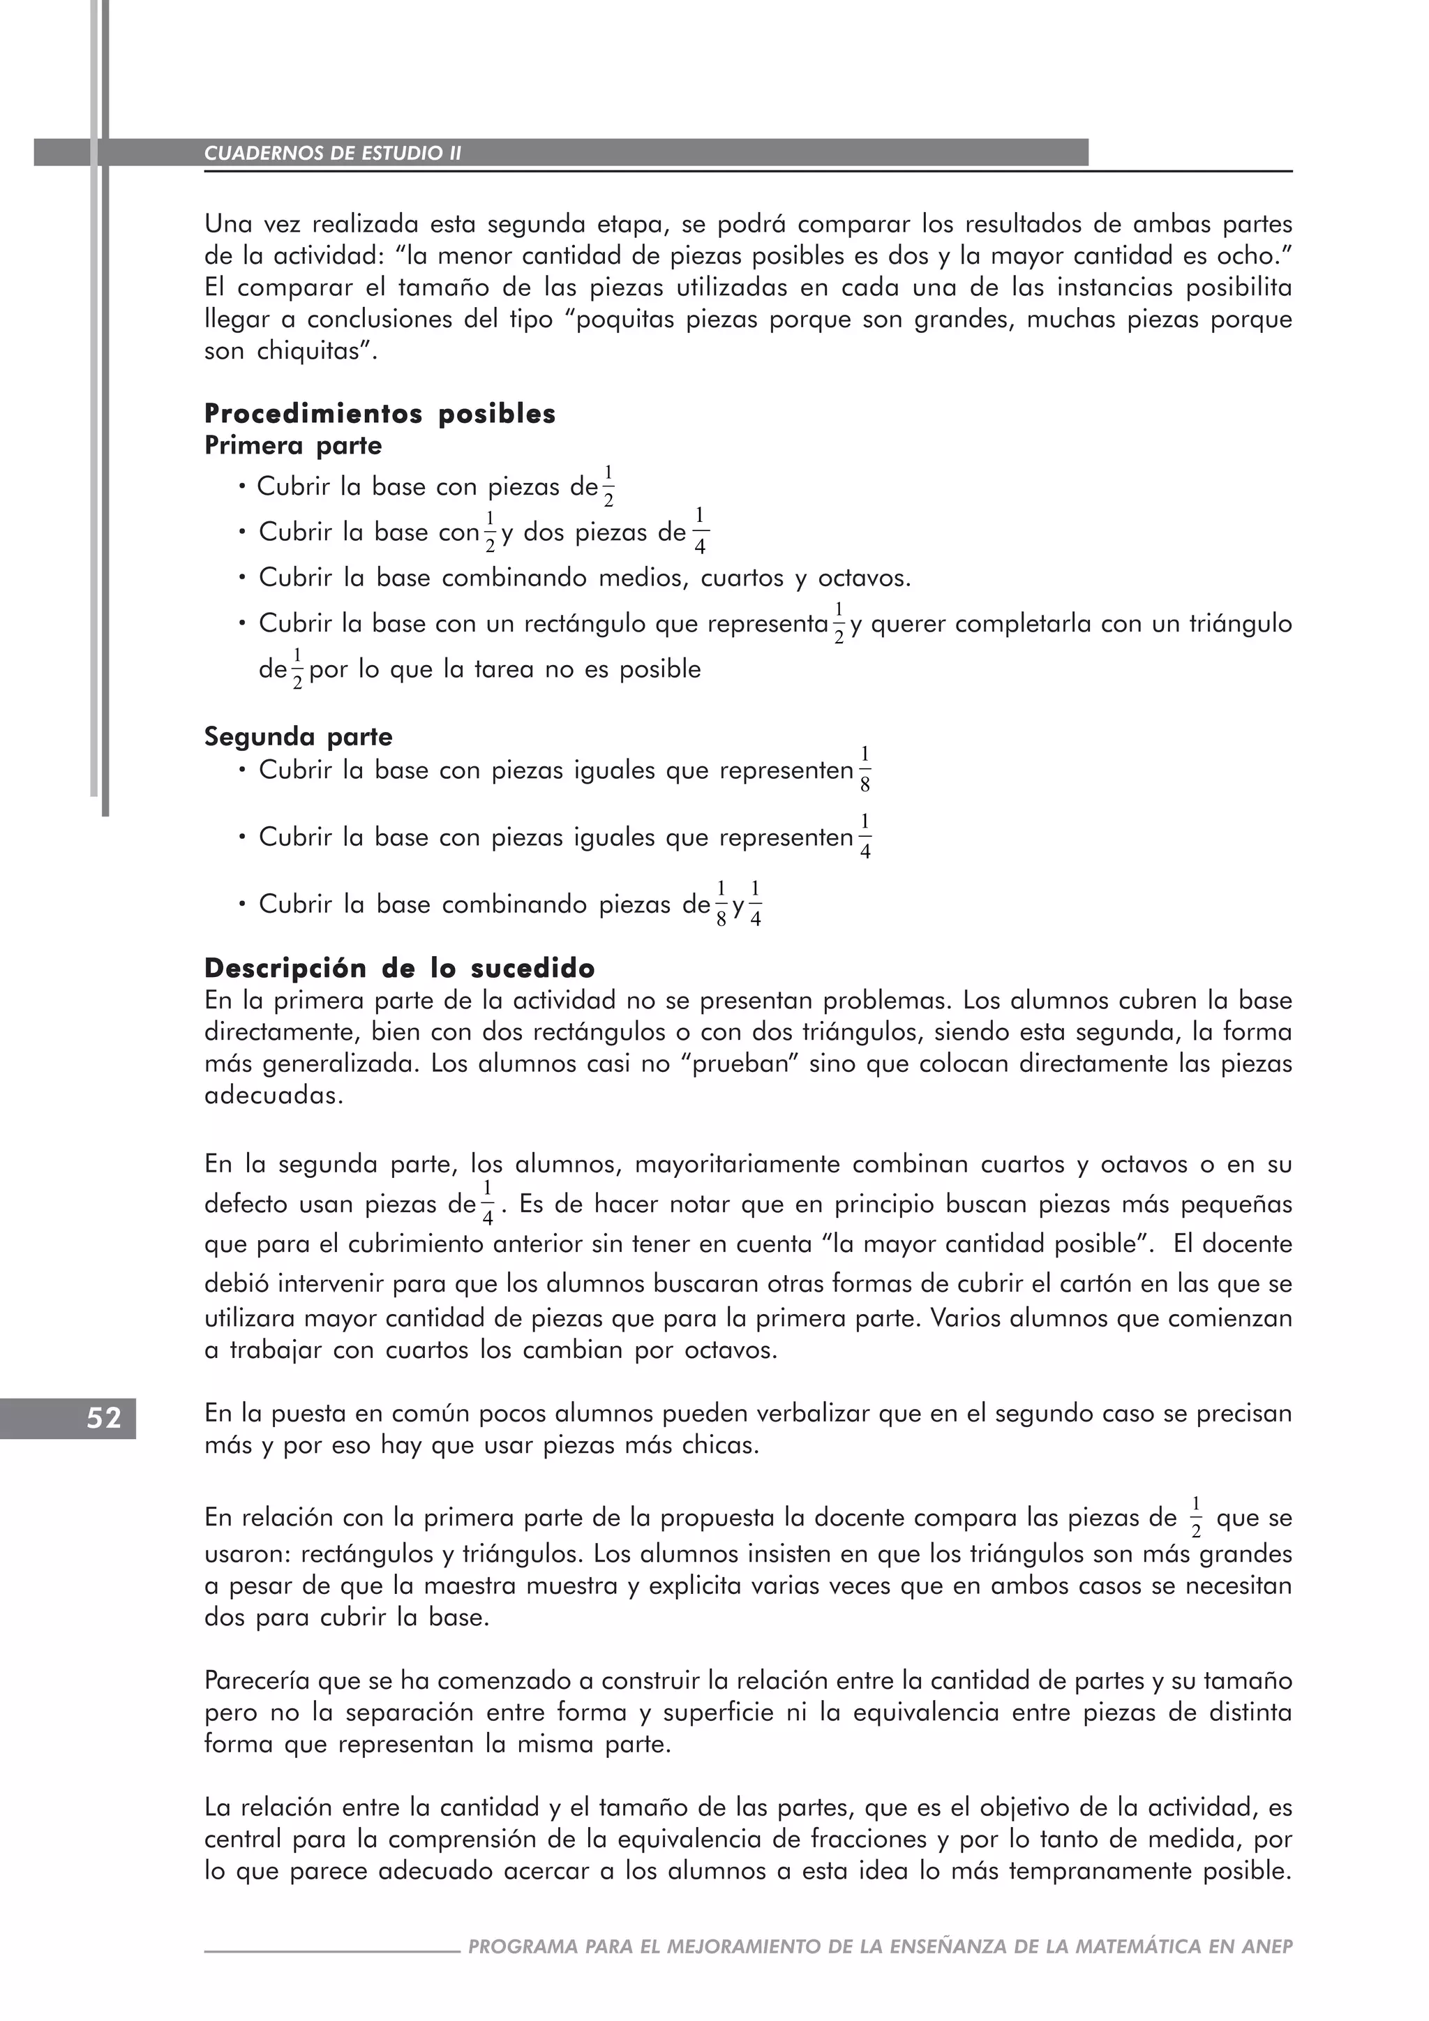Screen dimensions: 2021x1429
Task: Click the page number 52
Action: tap(103, 1418)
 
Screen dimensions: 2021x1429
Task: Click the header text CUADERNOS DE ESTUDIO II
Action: tap(333, 153)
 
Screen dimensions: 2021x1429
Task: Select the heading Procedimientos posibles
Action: tap(380, 414)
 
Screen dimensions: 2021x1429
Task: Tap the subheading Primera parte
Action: tap(293, 445)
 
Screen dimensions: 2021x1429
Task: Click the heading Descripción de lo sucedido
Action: tap(400, 968)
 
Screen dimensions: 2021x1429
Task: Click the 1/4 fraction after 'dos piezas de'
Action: tap(700, 531)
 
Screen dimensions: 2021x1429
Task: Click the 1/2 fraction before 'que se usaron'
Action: tap(1195, 1518)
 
